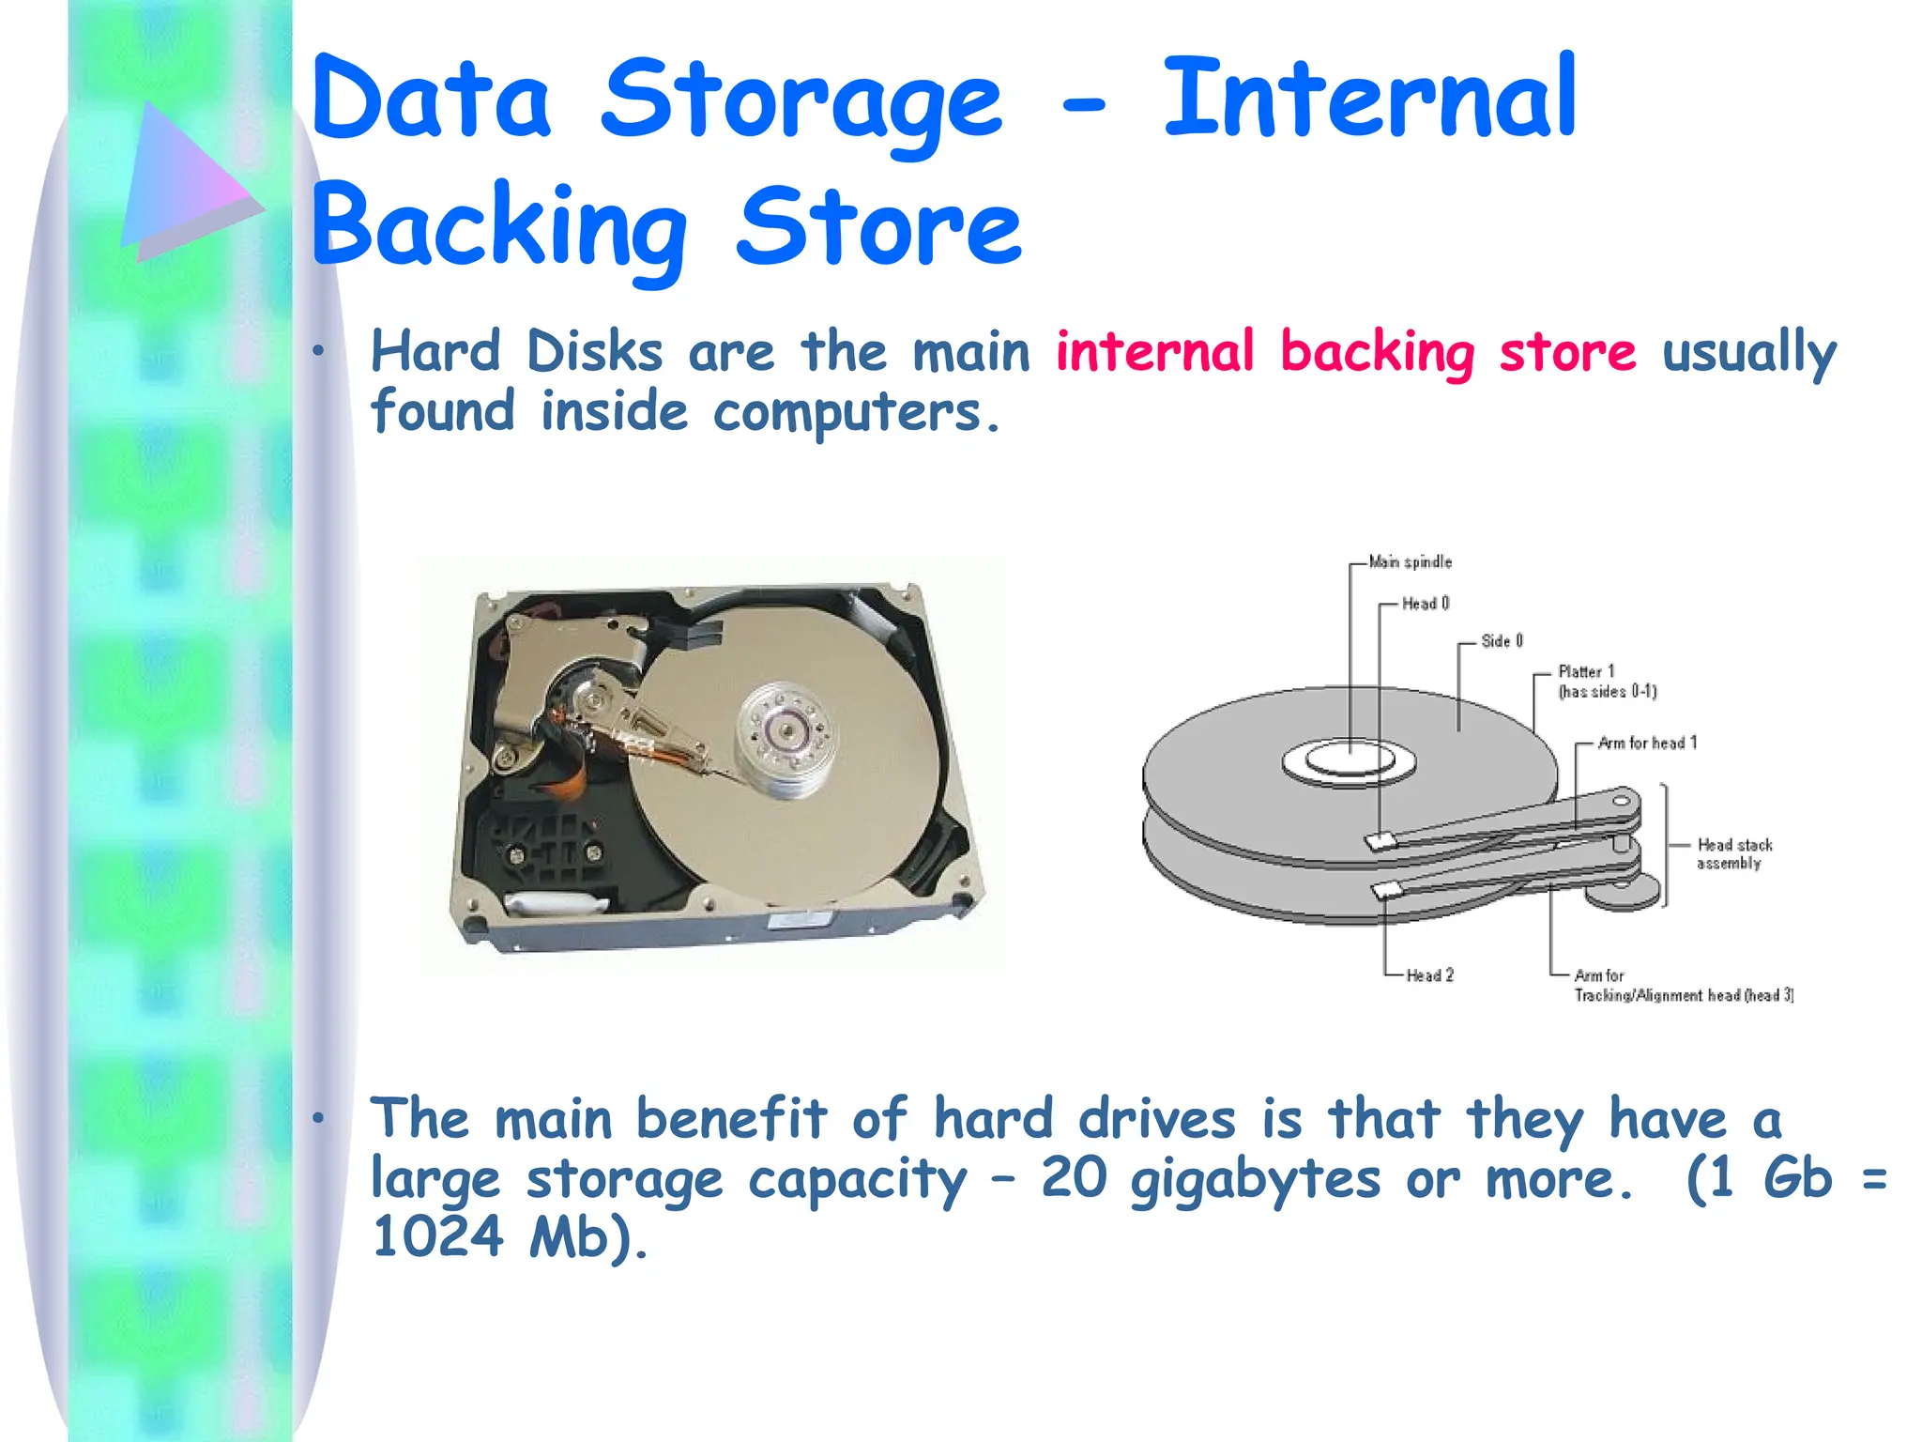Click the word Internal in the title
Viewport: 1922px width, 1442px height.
(x=1369, y=99)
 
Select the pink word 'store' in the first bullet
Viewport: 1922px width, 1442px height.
(x=1567, y=353)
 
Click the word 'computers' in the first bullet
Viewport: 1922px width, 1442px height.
(x=847, y=413)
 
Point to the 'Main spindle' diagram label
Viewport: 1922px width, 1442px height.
(x=1410, y=562)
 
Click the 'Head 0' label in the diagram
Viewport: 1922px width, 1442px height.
(x=1426, y=604)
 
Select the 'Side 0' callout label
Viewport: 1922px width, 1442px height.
(x=1502, y=641)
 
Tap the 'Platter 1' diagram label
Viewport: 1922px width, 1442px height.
(x=1586, y=672)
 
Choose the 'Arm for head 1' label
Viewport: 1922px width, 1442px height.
(x=1647, y=744)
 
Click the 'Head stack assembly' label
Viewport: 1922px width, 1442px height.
(x=1733, y=854)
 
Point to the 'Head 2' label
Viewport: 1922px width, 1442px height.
(x=1429, y=975)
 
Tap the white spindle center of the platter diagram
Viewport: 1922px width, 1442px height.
(x=1350, y=758)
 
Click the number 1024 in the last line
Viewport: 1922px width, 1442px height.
(x=437, y=1236)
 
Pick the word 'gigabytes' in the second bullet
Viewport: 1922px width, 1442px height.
(x=1255, y=1180)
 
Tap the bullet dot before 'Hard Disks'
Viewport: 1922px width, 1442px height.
(x=319, y=352)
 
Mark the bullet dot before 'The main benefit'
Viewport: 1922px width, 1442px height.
(x=319, y=1118)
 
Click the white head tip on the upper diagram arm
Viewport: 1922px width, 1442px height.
(x=1380, y=841)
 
